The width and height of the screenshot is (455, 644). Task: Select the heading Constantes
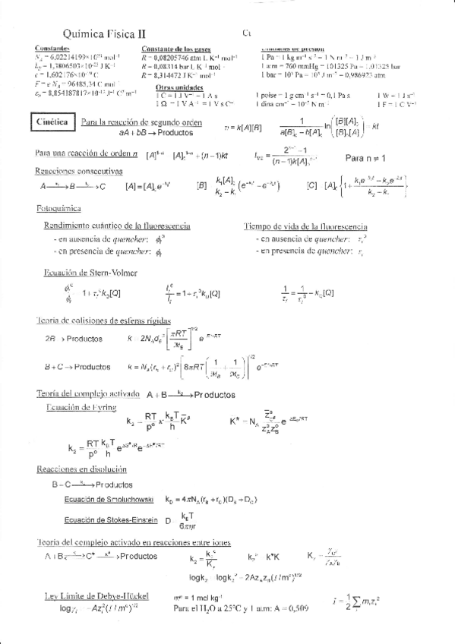coord(53,49)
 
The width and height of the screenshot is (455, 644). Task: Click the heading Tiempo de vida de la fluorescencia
coord(305,226)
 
